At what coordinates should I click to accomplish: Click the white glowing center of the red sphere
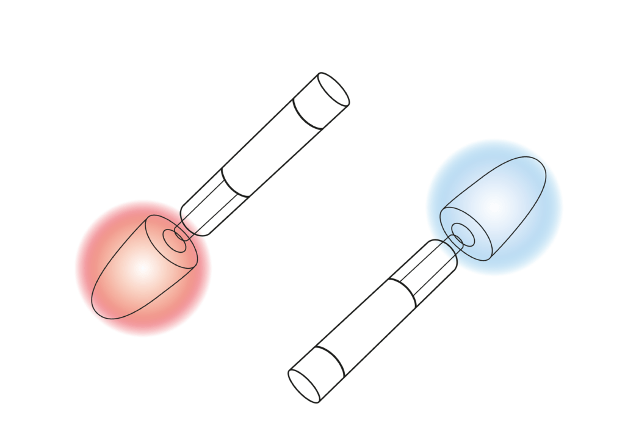point(142,267)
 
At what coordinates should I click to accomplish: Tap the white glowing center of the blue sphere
point(493,206)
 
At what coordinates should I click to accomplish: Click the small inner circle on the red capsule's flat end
point(176,241)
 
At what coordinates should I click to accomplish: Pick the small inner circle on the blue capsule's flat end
point(462,234)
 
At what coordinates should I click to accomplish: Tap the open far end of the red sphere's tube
point(333,89)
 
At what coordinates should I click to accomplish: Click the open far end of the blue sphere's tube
point(303,386)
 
